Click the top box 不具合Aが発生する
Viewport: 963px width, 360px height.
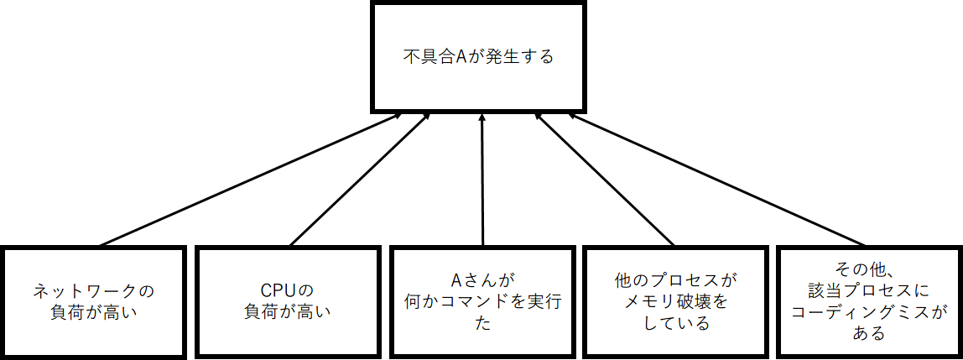(476, 58)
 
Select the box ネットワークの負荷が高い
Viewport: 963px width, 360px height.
(93, 301)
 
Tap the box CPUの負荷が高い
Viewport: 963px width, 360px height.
(287, 301)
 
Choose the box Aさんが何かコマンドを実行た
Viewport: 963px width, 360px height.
(481, 301)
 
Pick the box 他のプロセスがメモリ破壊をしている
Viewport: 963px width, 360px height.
(674, 301)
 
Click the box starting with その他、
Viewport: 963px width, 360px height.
(869, 301)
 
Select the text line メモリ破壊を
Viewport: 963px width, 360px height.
(674, 302)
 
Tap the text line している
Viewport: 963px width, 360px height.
(674, 323)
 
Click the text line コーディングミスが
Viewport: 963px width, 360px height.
(869, 312)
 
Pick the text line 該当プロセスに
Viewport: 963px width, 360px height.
(869, 291)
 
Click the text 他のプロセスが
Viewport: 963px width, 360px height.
(674, 280)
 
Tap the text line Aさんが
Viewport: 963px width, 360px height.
(481, 280)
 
